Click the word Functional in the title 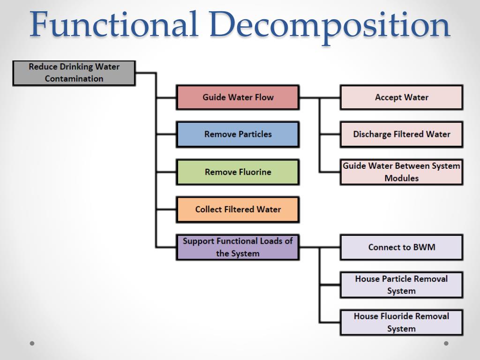[112, 25]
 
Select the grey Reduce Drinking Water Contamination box [74, 73]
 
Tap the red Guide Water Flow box [238, 97]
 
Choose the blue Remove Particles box [238, 135]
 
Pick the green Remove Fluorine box [238, 172]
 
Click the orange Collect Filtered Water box [238, 210]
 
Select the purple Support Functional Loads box [238, 247]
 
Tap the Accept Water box [401, 97]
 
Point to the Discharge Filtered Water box [401, 135]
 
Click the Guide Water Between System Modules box [401, 172]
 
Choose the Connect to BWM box [401, 247]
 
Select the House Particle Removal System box [401, 285]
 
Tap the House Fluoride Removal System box [401, 322]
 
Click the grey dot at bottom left [32, 343]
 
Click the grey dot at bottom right [446, 343]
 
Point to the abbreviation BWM [423, 247]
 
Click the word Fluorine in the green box [253, 172]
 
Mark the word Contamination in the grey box [74, 79]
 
